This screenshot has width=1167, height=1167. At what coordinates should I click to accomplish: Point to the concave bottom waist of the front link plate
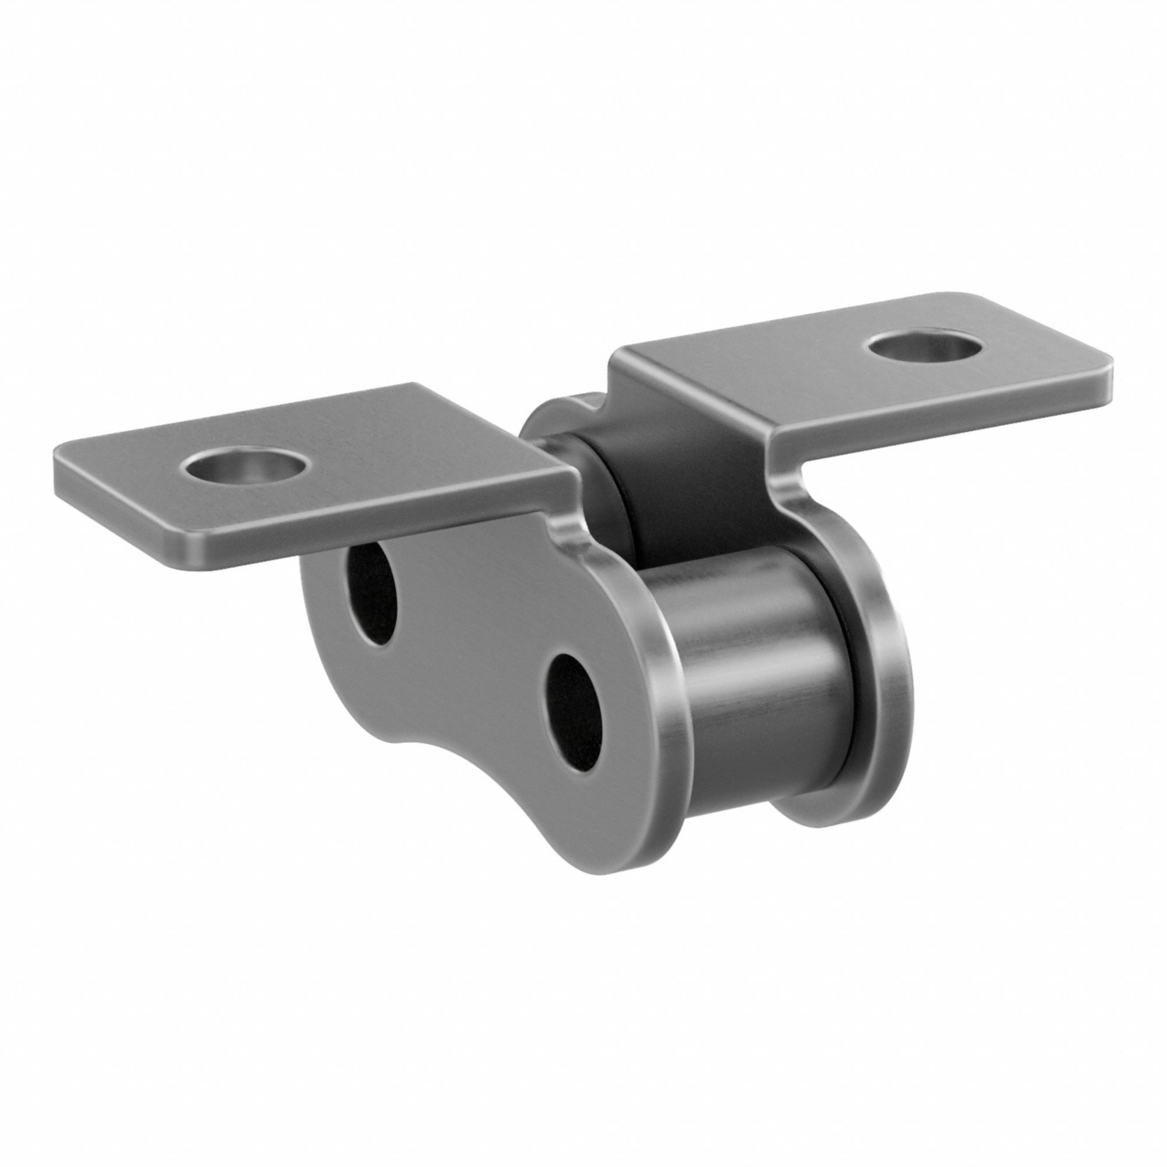(423, 743)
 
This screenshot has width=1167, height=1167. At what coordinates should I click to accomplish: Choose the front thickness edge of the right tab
(942, 411)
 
